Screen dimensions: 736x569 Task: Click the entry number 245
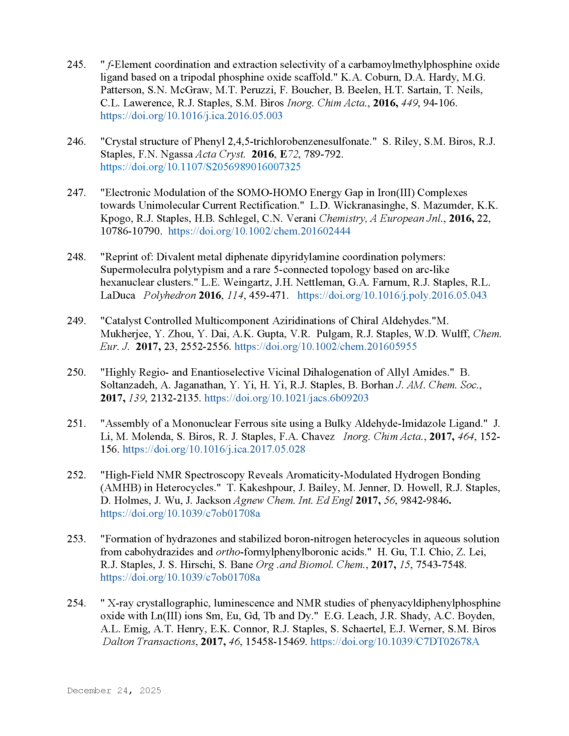click(76, 64)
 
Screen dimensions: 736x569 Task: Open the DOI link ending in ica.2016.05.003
click(191, 116)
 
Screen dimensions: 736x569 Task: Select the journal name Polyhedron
click(170, 295)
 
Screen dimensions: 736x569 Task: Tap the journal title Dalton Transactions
click(149, 641)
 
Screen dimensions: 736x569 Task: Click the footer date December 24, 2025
click(114, 691)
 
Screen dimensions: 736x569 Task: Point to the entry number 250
click(76, 372)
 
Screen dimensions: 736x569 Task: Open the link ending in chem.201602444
click(259, 231)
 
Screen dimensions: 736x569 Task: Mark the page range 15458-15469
click(275, 641)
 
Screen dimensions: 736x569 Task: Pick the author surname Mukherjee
click(125, 334)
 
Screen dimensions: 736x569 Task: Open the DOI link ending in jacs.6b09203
click(286, 398)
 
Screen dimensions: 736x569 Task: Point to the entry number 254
click(76, 603)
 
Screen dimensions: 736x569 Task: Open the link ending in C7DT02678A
click(395, 641)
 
